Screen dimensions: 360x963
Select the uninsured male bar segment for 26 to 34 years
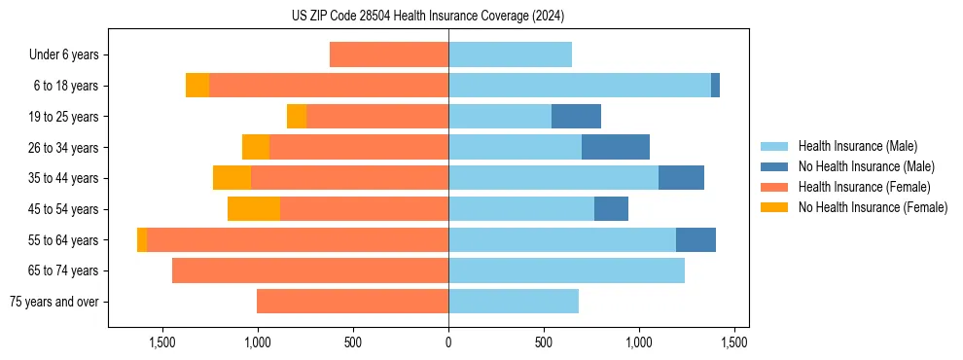(x=616, y=147)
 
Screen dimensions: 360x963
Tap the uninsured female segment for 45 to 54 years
(x=254, y=209)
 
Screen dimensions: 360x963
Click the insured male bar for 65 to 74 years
(x=566, y=270)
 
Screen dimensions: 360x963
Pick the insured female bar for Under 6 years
(x=389, y=54)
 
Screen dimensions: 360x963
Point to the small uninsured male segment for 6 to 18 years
(x=715, y=86)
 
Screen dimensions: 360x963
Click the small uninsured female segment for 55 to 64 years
(x=142, y=239)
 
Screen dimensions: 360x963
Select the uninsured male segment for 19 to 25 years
(x=576, y=117)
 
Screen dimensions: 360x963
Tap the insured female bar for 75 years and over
(x=352, y=302)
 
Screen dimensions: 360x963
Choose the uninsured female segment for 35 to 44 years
(x=232, y=178)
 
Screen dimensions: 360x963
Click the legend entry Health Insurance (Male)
(x=857, y=146)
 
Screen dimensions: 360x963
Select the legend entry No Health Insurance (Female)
(x=873, y=207)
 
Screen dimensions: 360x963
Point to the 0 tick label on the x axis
(x=448, y=342)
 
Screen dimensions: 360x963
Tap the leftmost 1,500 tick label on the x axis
(x=161, y=342)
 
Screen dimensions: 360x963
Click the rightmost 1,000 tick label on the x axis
(x=639, y=342)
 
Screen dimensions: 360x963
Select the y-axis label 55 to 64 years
(x=63, y=240)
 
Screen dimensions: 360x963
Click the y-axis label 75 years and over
(x=54, y=302)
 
